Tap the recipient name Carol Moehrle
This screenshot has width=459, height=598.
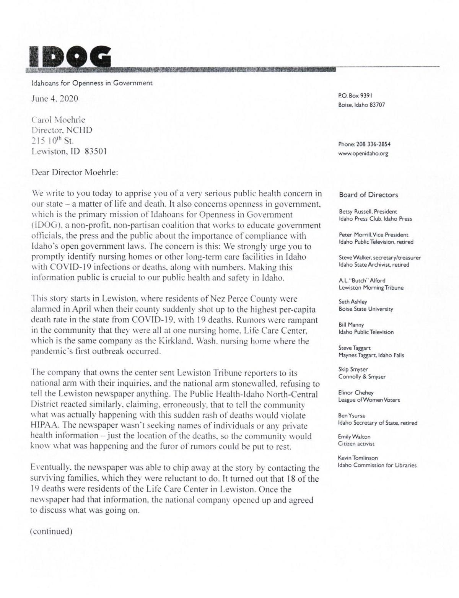pyautogui.click(x=58, y=120)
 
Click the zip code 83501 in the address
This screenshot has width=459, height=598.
pyautogui.click(x=95, y=152)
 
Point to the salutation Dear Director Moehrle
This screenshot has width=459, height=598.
pyautogui.click(x=75, y=172)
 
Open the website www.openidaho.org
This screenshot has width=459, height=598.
pyautogui.click(x=363, y=154)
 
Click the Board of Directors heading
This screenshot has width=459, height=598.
pyautogui.click(x=368, y=195)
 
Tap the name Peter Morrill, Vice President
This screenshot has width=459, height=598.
pyautogui.click(x=373, y=235)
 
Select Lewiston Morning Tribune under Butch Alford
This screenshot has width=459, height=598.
pyautogui.click(x=371, y=288)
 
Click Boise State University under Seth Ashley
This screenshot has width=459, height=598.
pyautogui.click(x=366, y=309)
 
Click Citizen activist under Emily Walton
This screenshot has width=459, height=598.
pyautogui.click(x=356, y=444)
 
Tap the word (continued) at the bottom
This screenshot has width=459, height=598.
pyautogui.click(x=51, y=531)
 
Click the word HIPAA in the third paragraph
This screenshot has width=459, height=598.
pyautogui.click(x=44, y=425)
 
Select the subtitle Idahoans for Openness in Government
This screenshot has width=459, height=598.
pyautogui.click(x=92, y=83)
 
